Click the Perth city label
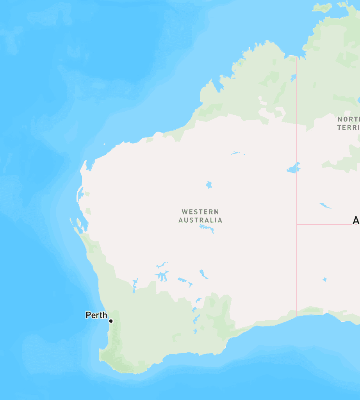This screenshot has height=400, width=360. [x=96, y=315]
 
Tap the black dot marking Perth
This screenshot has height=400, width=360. [x=111, y=321]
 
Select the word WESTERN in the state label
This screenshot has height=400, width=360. [x=200, y=212]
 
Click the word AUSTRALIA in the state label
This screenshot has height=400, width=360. [x=200, y=220]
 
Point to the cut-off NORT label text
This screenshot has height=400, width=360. [x=348, y=119]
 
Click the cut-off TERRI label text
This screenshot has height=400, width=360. [x=348, y=127]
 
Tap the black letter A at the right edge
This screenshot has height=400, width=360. [x=356, y=221]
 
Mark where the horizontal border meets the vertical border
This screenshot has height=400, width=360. [x=297, y=225]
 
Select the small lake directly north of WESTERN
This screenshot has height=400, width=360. [x=209, y=184]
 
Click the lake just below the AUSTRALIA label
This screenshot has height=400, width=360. [x=207, y=228]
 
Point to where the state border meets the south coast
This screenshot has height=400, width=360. [x=297, y=316]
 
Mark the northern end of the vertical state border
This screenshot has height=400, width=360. [x=297, y=57]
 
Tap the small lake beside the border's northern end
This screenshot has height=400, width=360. [x=293, y=77]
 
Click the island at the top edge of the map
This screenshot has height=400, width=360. [x=322, y=7]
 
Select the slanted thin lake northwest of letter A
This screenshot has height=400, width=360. [x=325, y=205]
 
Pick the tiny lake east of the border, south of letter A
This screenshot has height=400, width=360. [x=324, y=279]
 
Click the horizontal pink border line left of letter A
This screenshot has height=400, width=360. [x=324, y=225]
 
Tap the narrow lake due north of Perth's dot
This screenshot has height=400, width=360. [x=135, y=285]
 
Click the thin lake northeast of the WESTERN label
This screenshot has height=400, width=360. [x=237, y=153]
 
